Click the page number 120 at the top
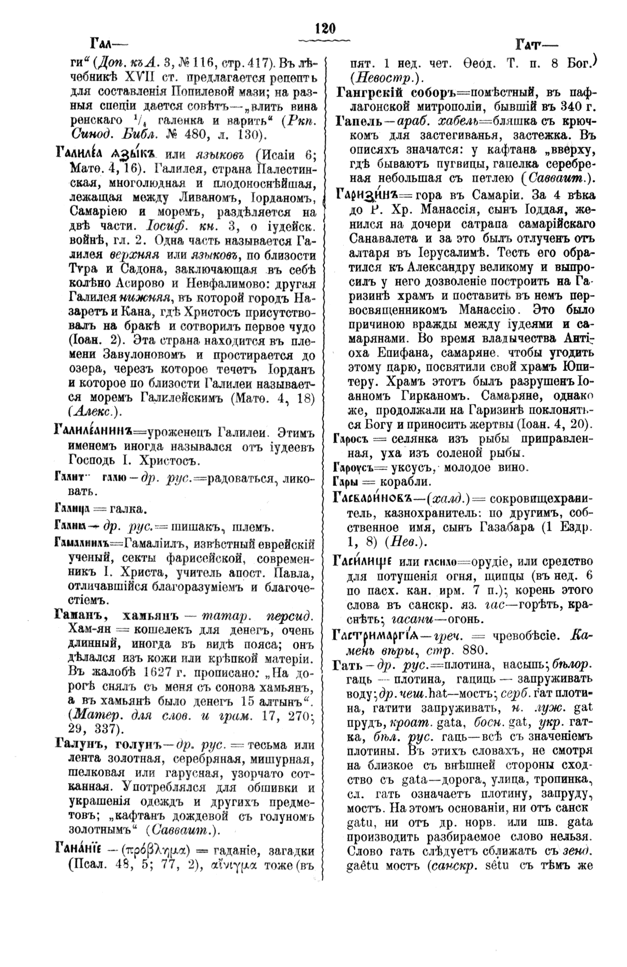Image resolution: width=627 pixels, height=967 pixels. click(x=326, y=29)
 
